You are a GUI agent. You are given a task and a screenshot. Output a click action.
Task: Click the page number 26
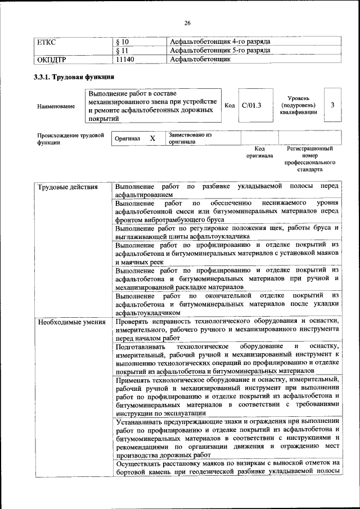[x=187, y=23]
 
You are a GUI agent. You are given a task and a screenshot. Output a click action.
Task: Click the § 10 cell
[x=122, y=42]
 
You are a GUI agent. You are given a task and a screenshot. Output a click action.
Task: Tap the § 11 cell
[x=122, y=51]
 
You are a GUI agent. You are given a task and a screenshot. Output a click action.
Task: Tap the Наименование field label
[x=56, y=106]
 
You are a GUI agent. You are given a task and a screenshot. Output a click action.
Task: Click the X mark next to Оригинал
[x=152, y=138]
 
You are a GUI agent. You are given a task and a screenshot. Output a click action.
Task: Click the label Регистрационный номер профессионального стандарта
[x=309, y=159]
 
